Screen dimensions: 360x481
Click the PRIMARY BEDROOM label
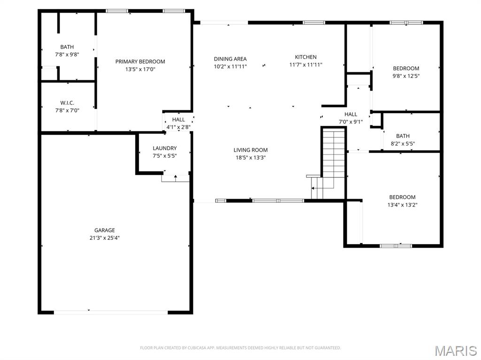coord(140,61)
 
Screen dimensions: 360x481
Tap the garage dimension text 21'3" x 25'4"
coord(104,237)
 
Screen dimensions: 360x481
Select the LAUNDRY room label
coord(164,148)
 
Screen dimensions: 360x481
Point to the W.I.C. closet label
coord(67,103)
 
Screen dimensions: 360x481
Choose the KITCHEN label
coord(305,57)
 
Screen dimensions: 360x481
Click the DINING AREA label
coord(230,59)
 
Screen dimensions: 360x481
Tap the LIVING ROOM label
coord(250,150)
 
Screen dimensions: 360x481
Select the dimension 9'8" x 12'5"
coord(406,76)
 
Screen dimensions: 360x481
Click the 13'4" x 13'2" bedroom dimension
coord(402,205)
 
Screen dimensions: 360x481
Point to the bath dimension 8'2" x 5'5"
coord(403,144)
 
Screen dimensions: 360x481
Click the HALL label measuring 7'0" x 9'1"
coord(350,114)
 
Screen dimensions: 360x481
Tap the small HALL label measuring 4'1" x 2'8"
coord(178,120)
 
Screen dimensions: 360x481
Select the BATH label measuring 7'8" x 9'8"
coord(67,47)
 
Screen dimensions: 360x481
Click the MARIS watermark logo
coord(455,351)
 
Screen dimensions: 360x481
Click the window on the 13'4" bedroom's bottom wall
coord(396,245)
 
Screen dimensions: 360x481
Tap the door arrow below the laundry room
coord(176,177)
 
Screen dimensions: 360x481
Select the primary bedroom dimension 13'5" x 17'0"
coord(140,69)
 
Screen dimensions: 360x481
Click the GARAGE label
coord(104,230)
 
